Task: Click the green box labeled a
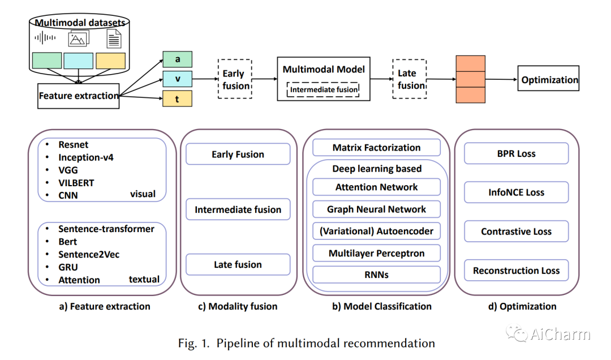177,59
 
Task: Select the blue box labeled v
177,79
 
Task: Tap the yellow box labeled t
177,98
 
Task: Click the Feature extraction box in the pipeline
79,96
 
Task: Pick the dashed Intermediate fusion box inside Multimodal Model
324,89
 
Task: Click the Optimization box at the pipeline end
549,80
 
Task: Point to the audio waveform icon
46,38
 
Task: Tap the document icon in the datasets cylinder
114,38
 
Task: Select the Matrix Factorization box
376,148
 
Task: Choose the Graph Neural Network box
376,209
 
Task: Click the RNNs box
376,275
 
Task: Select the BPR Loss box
516,153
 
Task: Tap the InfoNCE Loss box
516,192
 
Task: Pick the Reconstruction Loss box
516,271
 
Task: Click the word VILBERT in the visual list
76,183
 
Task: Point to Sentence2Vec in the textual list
89,254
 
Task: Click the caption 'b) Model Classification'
381,306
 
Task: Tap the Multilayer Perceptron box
376,253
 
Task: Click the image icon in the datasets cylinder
79,38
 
